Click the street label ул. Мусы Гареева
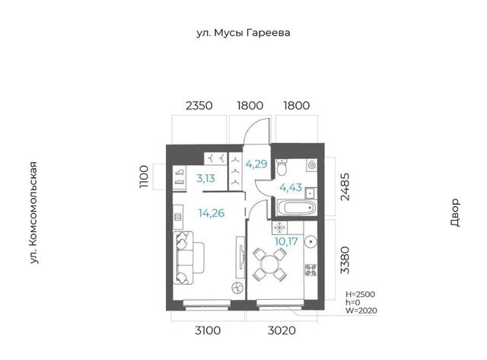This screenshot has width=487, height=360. [x=243, y=33]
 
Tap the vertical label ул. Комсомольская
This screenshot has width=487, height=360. [x=33, y=213]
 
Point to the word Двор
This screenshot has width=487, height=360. [x=455, y=212]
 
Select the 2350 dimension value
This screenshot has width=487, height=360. [x=199, y=106]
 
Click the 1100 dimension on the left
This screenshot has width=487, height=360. [x=144, y=177]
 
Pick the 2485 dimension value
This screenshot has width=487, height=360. [x=345, y=186]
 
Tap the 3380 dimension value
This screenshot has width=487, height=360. [x=345, y=260]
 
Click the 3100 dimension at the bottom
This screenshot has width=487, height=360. [x=208, y=330]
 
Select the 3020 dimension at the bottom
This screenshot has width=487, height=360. [x=282, y=330]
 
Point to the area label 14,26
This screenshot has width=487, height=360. [x=212, y=213]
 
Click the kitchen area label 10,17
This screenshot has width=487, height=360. [x=286, y=241]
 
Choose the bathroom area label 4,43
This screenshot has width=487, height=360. [x=291, y=187]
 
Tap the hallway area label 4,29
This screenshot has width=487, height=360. [x=256, y=164]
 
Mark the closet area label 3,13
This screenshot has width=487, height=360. [x=205, y=178]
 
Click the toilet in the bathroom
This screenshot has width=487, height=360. [x=282, y=167]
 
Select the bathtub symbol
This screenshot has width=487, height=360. [x=296, y=208]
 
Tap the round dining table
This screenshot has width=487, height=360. [x=269, y=265]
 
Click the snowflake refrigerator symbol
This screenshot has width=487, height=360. [x=279, y=228]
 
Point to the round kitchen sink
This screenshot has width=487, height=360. [x=310, y=241]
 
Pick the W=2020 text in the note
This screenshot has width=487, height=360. [x=361, y=311]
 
